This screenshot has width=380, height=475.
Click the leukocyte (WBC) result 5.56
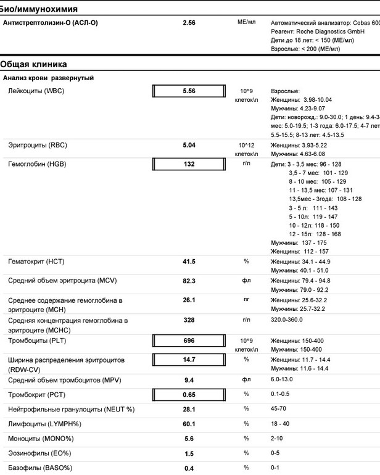(189, 91)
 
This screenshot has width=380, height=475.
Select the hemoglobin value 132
(189, 164)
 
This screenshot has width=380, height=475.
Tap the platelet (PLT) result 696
(189, 341)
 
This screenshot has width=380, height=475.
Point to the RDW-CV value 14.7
(189, 359)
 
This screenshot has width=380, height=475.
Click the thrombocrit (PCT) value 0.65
(189, 394)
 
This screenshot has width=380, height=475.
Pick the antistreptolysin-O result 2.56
(189, 23)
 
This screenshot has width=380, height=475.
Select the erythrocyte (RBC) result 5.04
(189, 146)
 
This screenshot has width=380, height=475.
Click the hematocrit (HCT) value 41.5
(189, 262)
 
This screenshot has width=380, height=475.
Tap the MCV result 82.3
(189, 281)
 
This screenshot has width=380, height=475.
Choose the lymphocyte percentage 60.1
(189, 423)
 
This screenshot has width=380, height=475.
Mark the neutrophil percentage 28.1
(189, 408)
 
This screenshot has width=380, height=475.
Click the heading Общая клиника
(33, 64)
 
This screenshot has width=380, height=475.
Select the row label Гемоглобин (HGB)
(37, 164)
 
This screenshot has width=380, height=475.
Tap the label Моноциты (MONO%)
(41, 438)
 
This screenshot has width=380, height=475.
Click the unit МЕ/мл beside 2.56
(246, 22)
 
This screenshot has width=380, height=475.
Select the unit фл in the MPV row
(246, 379)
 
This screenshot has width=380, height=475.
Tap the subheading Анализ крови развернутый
(48, 78)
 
